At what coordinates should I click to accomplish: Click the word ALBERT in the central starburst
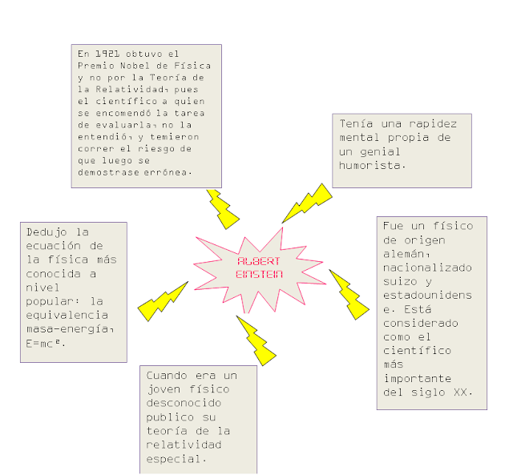[x=259, y=262]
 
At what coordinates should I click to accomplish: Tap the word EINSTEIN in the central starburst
[x=259, y=274]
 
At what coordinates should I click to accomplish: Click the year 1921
[x=101, y=54]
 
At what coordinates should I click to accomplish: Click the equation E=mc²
[x=46, y=344]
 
